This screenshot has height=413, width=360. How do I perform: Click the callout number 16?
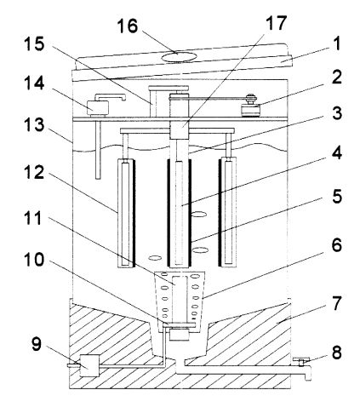pyautogui.click(x=128, y=26)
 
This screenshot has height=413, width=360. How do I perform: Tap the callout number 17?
pyautogui.click(x=276, y=23)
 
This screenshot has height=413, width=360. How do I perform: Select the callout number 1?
pyautogui.click(x=336, y=44)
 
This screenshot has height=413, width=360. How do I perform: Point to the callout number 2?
pyautogui.click(x=336, y=77)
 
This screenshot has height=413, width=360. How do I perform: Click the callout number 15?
pyautogui.click(x=34, y=44)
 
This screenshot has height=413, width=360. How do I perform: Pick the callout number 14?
pyautogui.click(x=34, y=83)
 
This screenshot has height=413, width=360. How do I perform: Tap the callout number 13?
pyautogui.click(x=34, y=124)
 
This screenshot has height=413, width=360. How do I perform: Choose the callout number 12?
pyautogui.click(x=34, y=172)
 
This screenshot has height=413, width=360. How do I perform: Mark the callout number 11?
pyautogui.click(x=33, y=218)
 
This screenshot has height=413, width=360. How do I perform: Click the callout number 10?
pyautogui.click(x=34, y=260)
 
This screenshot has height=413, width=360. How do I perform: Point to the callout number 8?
pyautogui.click(x=336, y=353)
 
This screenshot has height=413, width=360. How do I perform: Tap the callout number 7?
pyautogui.click(x=337, y=302)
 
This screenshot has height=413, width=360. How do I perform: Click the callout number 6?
pyautogui.click(x=337, y=244)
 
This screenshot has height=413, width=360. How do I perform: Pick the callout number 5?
pyautogui.click(x=337, y=196)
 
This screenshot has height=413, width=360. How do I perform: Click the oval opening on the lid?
pyautogui.click(x=179, y=57)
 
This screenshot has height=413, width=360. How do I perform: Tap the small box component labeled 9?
pyautogui.click(x=89, y=365)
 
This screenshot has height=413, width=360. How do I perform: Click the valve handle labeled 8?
pyautogui.click(x=301, y=361)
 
